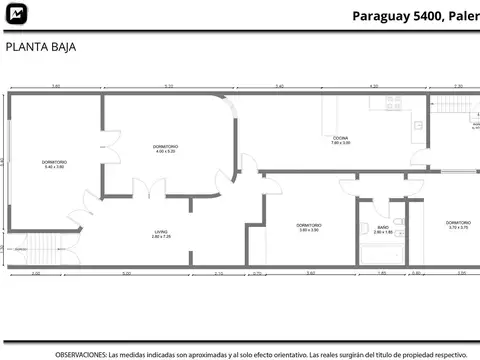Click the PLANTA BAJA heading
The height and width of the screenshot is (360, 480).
(x=39, y=46)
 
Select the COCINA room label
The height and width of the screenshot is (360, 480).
(x=341, y=139)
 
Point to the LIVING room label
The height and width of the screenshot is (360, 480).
(x=161, y=233)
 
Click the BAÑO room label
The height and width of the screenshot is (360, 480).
(x=383, y=228)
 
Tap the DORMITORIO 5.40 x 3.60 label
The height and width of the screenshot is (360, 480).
(x=54, y=164)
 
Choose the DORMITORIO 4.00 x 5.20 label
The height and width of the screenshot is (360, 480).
(x=165, y=149)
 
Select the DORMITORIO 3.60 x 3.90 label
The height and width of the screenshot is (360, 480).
(x=308, y=227)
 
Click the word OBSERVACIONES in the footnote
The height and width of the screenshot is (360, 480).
(x=80, y=354)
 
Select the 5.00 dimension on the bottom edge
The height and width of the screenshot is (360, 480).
(x=126, y=273)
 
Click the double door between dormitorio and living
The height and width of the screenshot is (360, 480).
(x=148, y=189)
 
